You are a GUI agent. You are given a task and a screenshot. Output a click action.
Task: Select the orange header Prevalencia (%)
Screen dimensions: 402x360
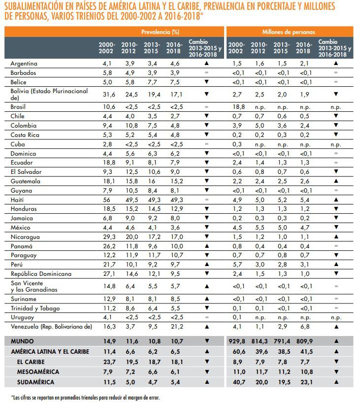coord(160,31)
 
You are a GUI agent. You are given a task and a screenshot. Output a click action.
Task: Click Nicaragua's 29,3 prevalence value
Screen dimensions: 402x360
coord(106,236)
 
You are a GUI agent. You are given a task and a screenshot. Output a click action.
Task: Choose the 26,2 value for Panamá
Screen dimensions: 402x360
coord(106,246)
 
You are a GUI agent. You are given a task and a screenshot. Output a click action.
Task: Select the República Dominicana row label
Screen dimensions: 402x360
coord(41,274)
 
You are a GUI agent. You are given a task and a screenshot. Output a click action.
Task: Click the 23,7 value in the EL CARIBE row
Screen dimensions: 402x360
coord(106,361)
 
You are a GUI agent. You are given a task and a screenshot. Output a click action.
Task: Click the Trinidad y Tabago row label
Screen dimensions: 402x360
coord(33,308)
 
